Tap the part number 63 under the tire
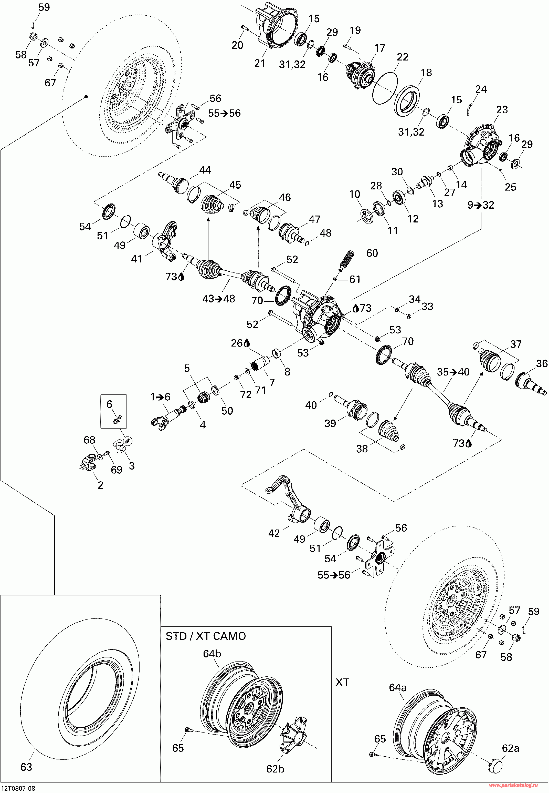pyautogui.click(x=26, y=767)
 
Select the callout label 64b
pyautogui.click(x=212, y=653)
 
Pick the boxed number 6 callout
pyautogui.click(x=109, y=404)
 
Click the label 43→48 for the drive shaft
pyautogui.click(x=219, y=299)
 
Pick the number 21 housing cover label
pyautogui.click(x=260, y=63)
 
